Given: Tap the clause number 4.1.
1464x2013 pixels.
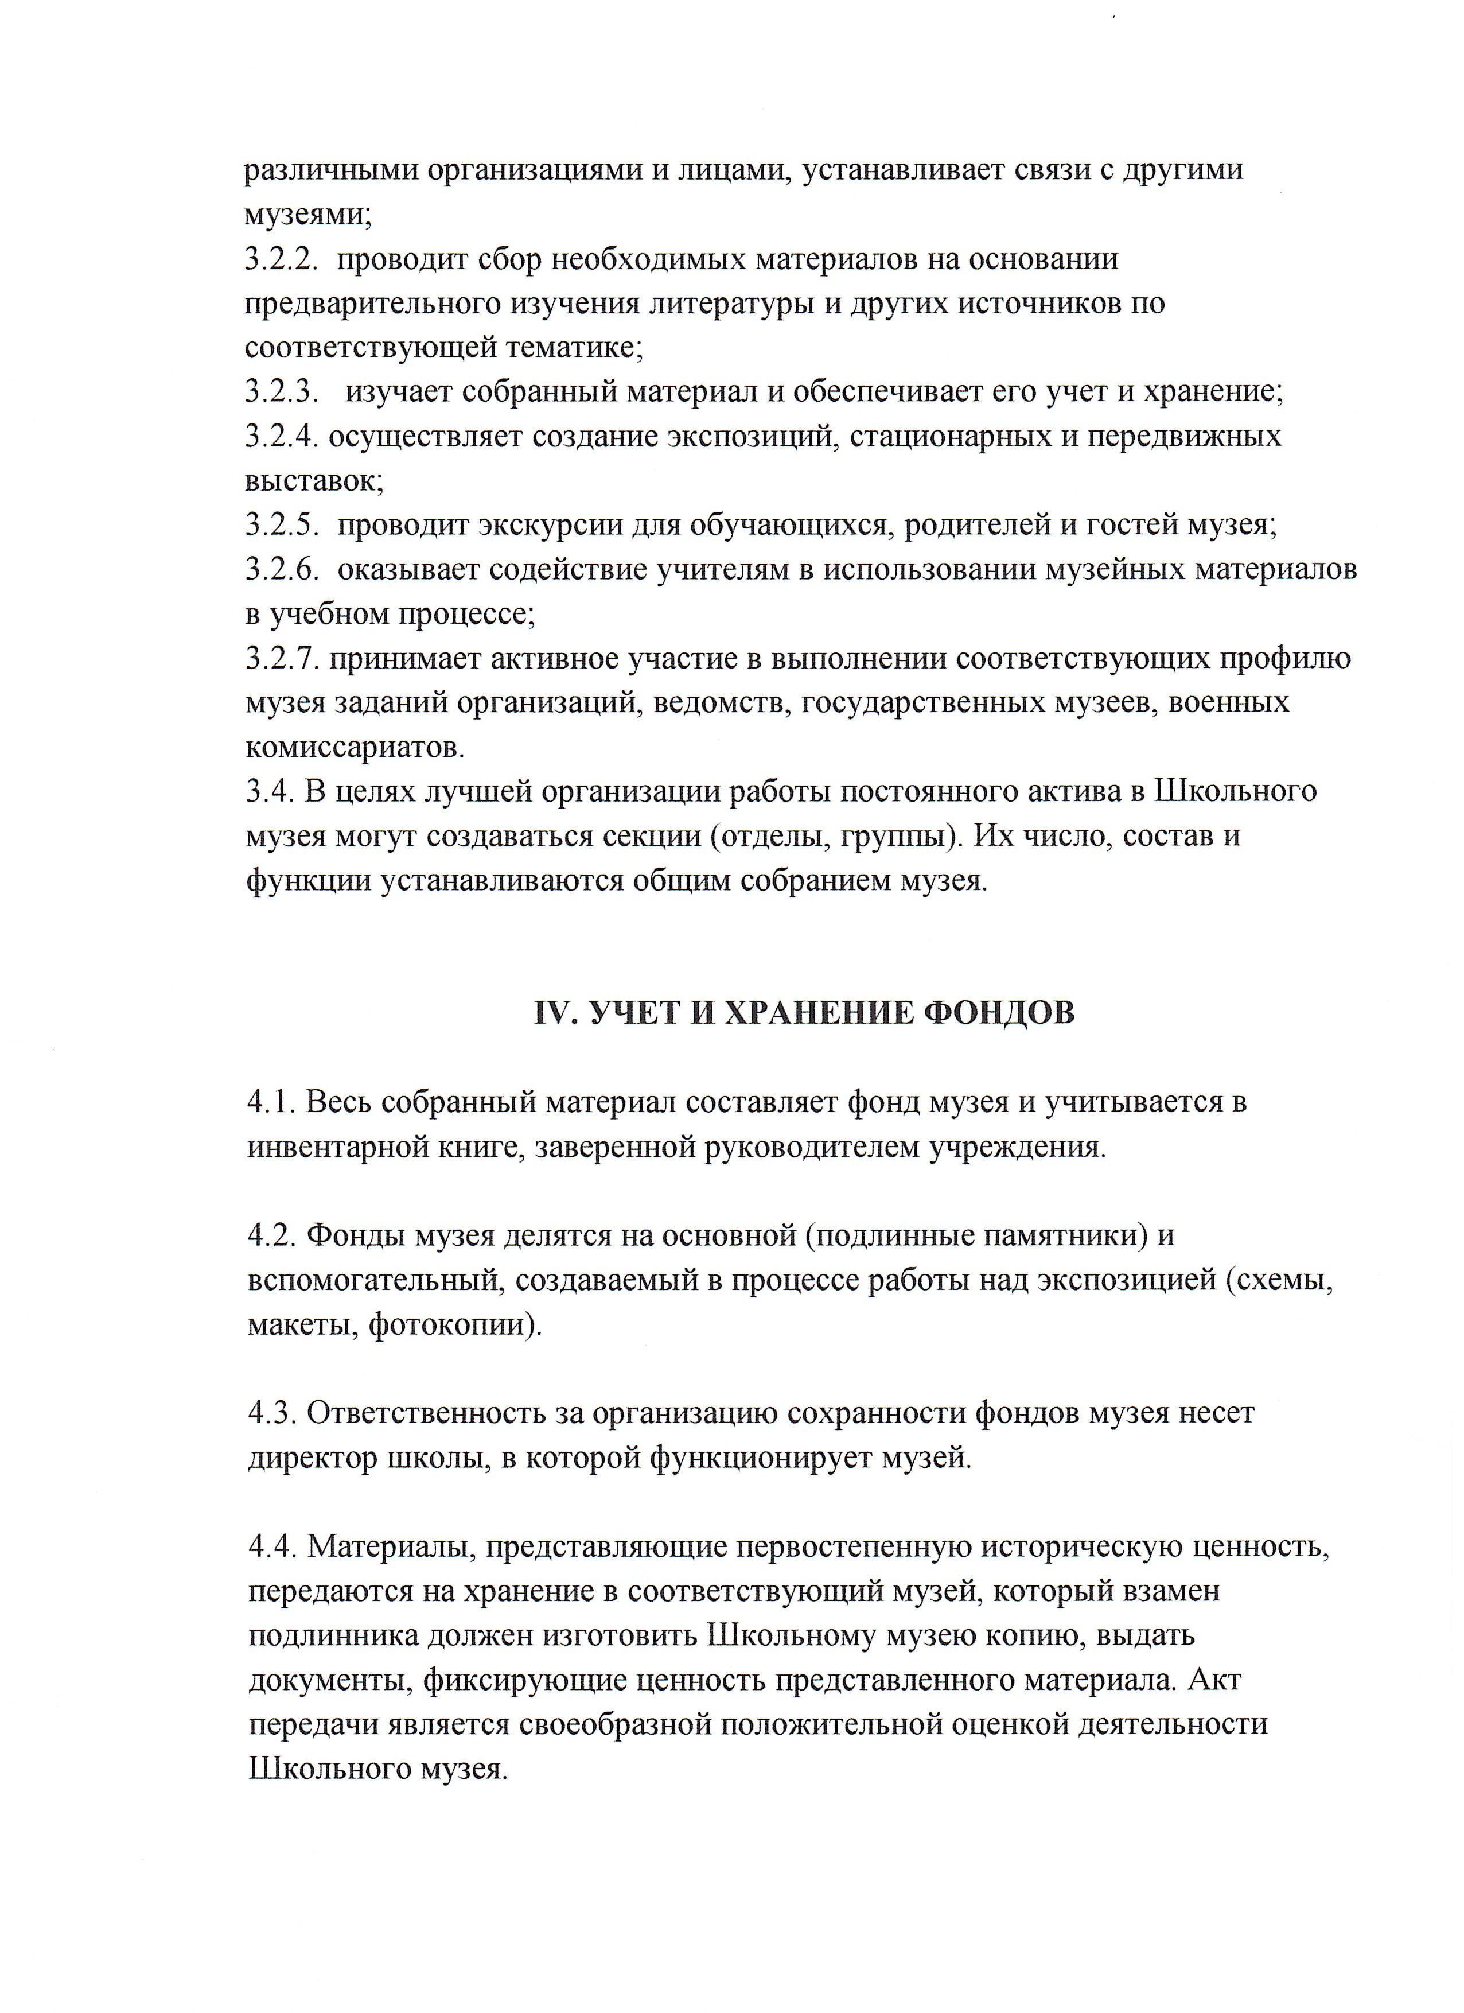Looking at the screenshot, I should pyautogui.click(x=270, y=1102).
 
